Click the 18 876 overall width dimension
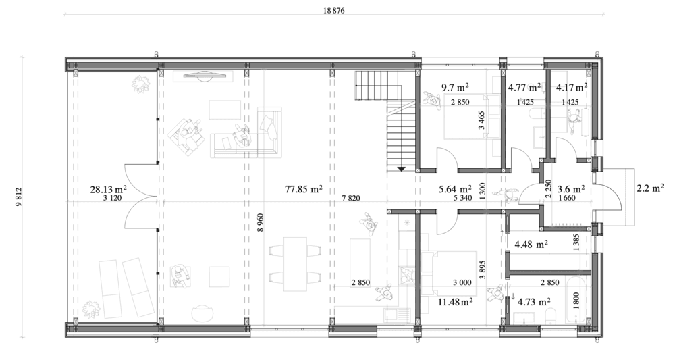333,11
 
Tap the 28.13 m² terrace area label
108,189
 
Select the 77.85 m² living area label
304,188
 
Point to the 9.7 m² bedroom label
455,87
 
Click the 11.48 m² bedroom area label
456,302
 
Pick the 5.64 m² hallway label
455,189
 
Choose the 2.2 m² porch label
650,188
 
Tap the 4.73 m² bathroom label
534,301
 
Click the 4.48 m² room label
531,245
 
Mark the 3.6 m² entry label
571,189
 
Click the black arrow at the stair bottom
401,169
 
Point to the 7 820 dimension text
351,198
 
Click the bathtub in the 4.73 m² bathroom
576,300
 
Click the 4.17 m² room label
572,88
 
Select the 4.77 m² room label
524,88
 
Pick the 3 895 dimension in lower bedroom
483,270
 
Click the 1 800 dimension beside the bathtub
576,301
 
